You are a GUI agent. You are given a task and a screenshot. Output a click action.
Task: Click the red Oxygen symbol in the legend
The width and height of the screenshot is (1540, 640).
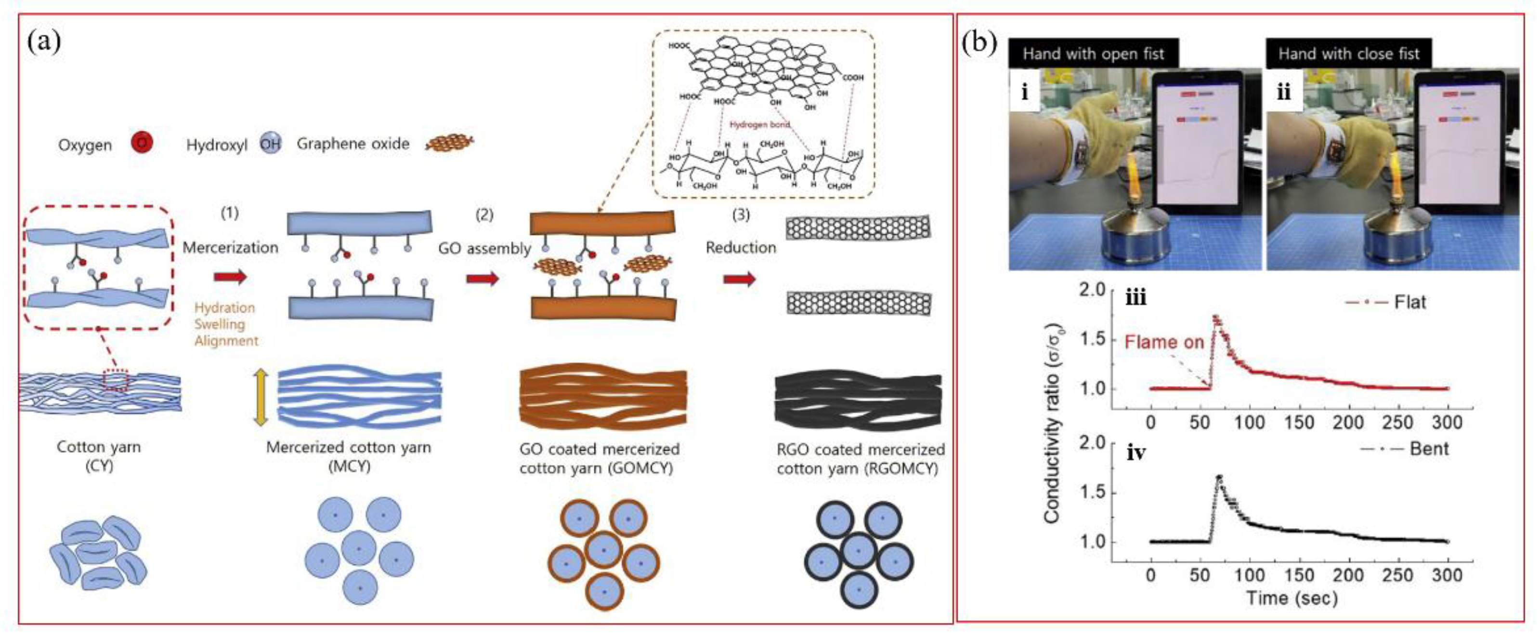pyautogui.click(x=142, y=143)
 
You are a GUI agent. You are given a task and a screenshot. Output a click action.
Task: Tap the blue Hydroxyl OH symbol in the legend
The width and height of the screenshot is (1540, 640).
pyautogui.click(x=270, y=144)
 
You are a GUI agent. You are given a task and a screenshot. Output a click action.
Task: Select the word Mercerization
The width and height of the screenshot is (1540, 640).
pyautogui.click(x=230, y=247)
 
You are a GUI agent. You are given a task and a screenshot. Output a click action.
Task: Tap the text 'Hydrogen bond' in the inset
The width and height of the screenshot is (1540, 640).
pyautogui.click(x=759, y=124)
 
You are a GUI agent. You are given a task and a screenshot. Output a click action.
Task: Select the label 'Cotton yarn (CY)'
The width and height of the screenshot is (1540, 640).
pyautogui.click(x=99, y=456)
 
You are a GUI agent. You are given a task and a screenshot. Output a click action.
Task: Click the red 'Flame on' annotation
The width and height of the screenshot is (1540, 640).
pyautogui.click(x=1163, y=342)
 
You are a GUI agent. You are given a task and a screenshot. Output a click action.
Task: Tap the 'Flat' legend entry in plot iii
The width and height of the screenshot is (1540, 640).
pyautogui.click(x=1409, y=302)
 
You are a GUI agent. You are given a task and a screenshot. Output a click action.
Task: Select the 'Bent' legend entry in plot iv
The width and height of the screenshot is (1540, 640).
pyautogui.click(x=1428, y=449)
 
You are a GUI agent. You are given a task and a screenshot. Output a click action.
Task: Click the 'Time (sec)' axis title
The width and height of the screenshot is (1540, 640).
pyautogui.click(x=1292, y=598)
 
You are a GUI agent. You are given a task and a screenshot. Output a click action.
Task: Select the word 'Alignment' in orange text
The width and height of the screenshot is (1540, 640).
pyautogui.click(x=226, y=341)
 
